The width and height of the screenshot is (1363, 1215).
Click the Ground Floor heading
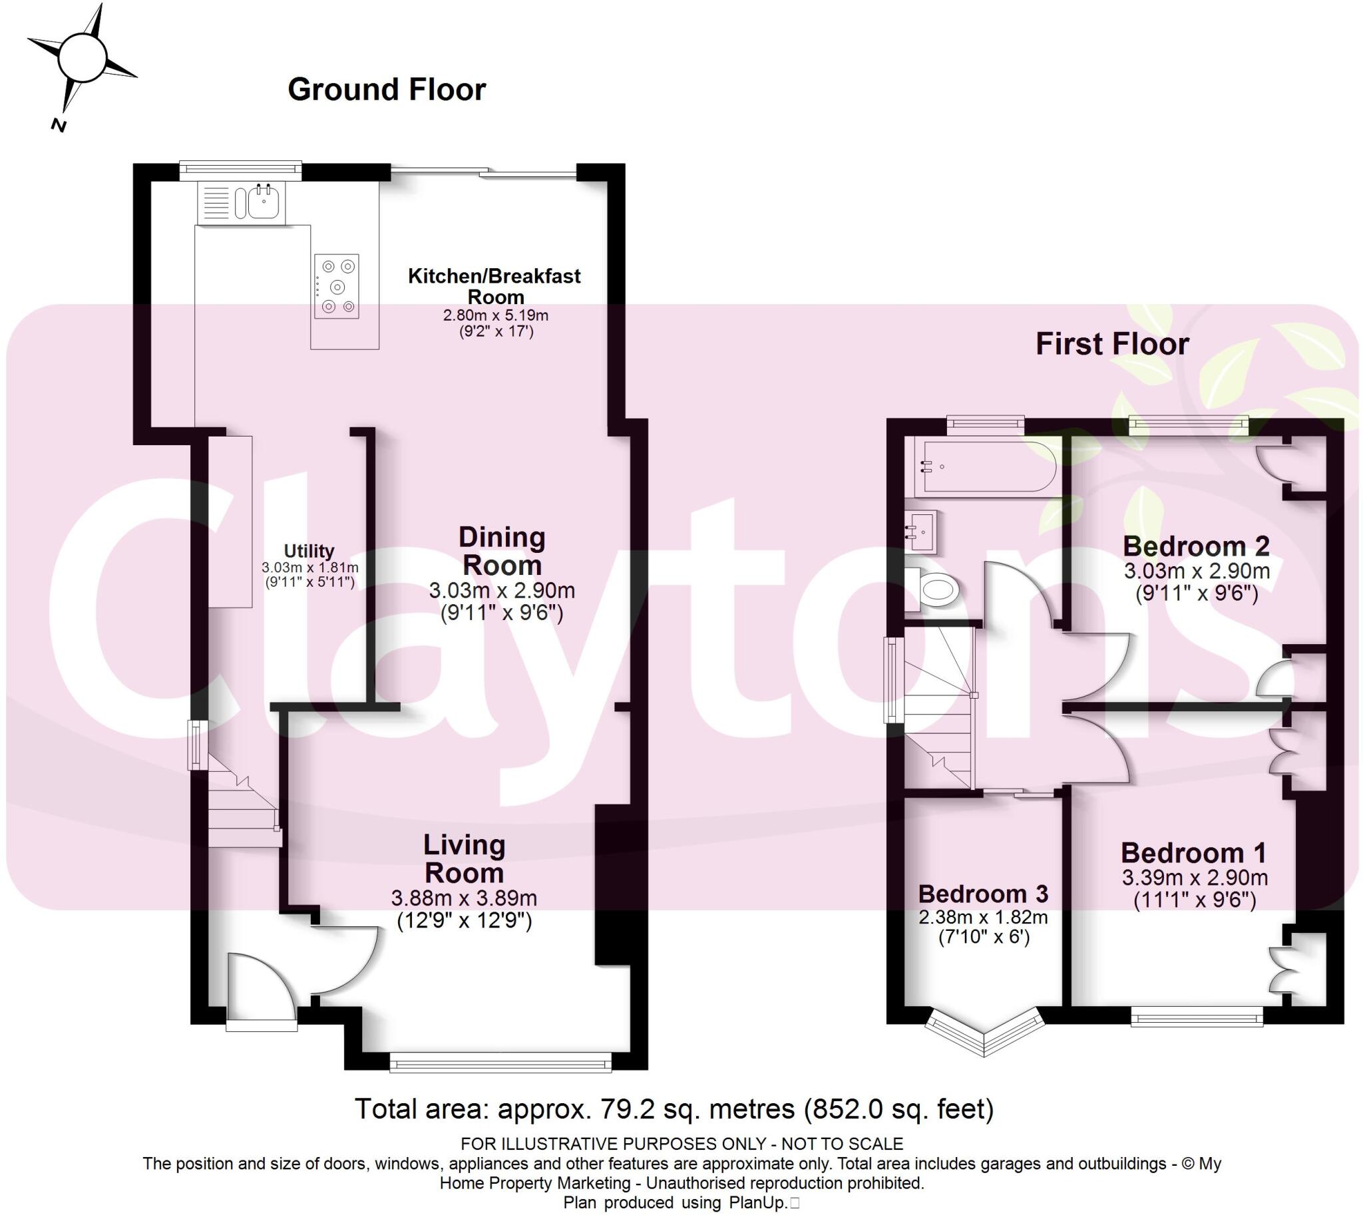[387, 89]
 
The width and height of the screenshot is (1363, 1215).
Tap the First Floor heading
[1112, 345]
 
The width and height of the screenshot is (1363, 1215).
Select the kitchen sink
[263, 202]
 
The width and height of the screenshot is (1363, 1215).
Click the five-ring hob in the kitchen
[337, 286]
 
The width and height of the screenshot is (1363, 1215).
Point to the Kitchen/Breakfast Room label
[494, 285]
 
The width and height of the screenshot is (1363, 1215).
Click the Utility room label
[309, 551]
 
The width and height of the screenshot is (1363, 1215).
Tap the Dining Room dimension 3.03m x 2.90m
[502, 590]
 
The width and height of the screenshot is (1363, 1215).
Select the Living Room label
[464, 858]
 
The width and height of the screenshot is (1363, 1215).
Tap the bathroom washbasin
[922, 531]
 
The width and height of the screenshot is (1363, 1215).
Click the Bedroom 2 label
[1196, 546]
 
